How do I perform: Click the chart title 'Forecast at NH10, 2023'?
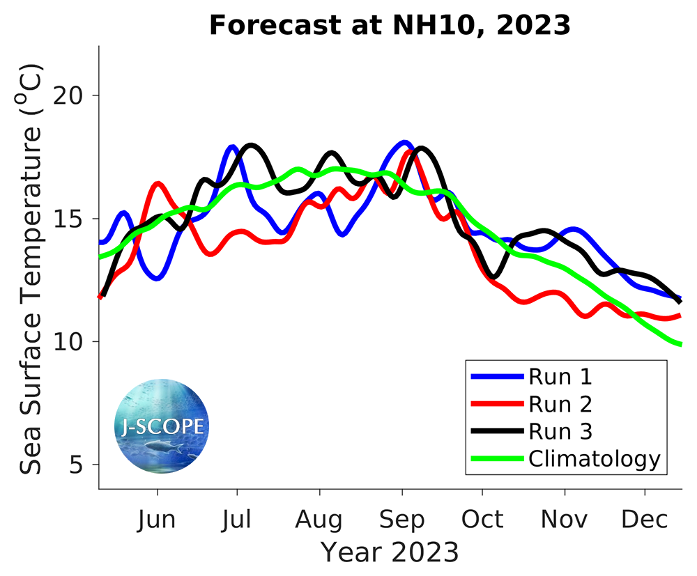(x=390, y=26)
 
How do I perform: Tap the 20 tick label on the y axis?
(x=72, y=96)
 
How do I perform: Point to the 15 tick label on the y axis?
(x=72, y=219)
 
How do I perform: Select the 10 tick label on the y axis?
(x=72, y=342)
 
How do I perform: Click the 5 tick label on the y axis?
(x=81, y=465)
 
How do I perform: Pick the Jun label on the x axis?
(x=158, y=520)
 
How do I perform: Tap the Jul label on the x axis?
(x=238, y=520)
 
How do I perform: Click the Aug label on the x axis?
(x=319, y=520)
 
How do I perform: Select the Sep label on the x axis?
(x=401, y=520)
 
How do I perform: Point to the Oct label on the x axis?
(x=482, y=520)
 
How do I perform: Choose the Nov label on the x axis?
(x=565, y=520)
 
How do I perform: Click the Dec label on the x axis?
(x=645, y=520)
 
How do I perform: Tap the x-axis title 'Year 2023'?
(x=390, y=552)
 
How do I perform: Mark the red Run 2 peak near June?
(x=158, y=184)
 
